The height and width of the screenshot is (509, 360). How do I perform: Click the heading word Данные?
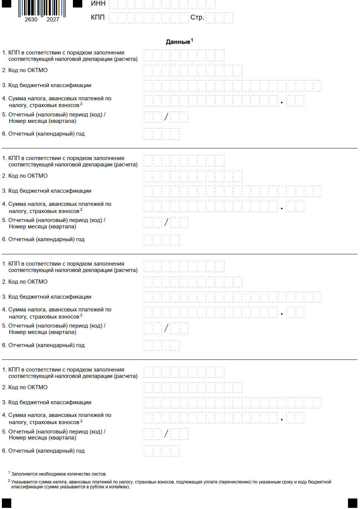point(178,42)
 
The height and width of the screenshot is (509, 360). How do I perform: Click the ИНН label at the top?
point(98,3)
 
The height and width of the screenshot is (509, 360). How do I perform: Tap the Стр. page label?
point(197,17)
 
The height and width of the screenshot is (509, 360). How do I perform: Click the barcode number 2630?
point(31,20)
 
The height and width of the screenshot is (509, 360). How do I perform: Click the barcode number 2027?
point(53,20)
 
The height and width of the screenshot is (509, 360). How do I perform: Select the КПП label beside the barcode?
point(98,17)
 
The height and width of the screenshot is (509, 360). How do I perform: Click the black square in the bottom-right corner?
point(352,503)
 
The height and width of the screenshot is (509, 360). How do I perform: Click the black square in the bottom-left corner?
point(7,503)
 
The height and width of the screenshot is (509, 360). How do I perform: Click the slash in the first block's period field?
point(166,117)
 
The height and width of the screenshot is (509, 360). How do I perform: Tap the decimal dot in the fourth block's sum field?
point(281,420)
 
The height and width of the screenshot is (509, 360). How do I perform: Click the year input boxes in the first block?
point(162,134)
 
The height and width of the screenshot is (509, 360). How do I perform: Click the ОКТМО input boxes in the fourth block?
point(192,387)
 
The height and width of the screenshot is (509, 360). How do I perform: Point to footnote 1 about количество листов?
point(58,474)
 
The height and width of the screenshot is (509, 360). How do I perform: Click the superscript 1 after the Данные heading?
point(192,40)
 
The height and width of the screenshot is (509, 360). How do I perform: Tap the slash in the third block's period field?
point(166,328)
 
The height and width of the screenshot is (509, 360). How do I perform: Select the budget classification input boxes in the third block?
point(232,297)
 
